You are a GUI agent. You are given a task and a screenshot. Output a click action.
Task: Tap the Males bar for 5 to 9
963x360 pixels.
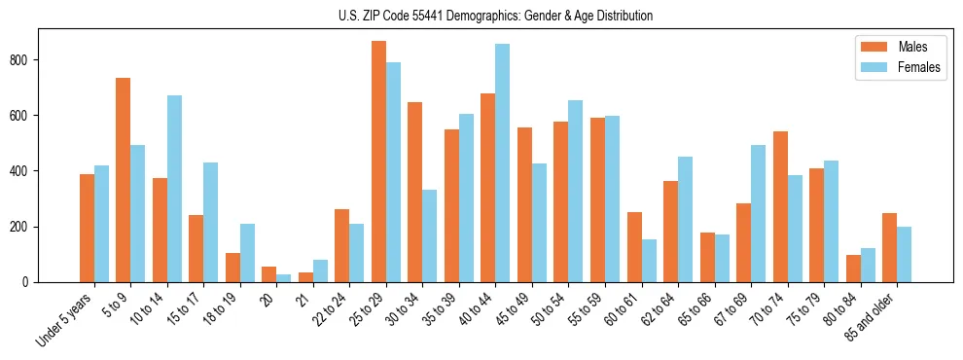124,180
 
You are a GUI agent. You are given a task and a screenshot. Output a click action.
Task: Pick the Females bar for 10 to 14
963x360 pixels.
174,189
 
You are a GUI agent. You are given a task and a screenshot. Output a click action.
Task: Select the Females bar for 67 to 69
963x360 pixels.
758,213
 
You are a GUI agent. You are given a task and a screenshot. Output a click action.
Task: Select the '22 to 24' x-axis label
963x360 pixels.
330,310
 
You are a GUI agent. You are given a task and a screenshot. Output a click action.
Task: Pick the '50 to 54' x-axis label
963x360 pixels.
549,310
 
